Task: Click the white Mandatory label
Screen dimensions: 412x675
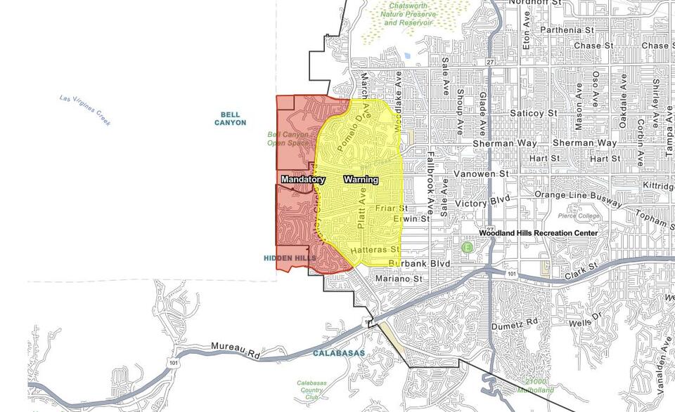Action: [x=303, y=180]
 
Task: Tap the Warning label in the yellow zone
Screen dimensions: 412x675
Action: [x=361, y=180]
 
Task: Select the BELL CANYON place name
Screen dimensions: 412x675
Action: [x=231, y=119]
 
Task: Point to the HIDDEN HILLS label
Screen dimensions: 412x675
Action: [x=290, y=258]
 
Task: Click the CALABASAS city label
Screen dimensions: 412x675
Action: [x=340, y=353]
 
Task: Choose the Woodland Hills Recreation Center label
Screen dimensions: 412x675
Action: [x=539, y=233]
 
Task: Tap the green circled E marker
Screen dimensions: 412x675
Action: [x=467, y=247]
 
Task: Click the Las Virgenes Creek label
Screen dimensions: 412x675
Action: [x=85, y=110]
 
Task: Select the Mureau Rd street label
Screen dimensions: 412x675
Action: [x=235, y=347]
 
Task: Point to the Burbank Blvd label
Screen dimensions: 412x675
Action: [x=418, y=264]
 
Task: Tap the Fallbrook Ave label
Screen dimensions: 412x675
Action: [x=430, y=176]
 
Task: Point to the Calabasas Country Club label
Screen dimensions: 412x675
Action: [x=310, y=390]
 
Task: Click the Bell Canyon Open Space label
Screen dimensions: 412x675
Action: [x=288, y=138]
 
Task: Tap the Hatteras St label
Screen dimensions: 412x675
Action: [x=375, y=249]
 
